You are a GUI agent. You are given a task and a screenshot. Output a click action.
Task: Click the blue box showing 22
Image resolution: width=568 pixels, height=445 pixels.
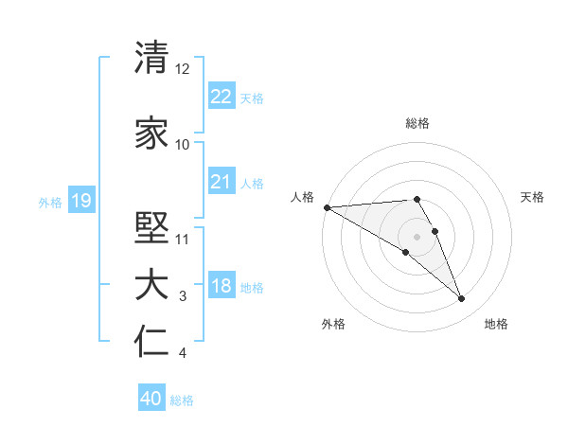(x=222, y=96)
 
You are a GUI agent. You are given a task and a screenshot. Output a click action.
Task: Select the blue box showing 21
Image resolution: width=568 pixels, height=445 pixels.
(x=222, y=182)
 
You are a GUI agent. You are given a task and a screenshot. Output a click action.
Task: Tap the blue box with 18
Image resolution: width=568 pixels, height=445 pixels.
(x=222, y=286)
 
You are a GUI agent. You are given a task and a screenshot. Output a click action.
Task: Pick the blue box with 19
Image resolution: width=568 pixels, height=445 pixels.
(x=80, y=200)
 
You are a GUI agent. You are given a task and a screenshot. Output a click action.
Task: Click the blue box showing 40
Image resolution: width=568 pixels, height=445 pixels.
(x=151, y=399)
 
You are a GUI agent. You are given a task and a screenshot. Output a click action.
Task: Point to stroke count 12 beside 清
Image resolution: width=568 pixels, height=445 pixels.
(x=183, y=69)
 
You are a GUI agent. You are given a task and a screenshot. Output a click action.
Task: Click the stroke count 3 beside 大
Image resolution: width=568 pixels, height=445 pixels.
(x=184, y=297)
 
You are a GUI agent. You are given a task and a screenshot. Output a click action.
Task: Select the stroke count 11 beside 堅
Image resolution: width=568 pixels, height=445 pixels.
(x=183, y=239)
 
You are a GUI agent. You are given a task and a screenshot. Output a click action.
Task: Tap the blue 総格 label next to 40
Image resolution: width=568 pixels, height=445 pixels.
(x=183, y=400)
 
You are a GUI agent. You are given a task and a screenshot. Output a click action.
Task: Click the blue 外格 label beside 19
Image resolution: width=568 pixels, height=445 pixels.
(x=50, y=202)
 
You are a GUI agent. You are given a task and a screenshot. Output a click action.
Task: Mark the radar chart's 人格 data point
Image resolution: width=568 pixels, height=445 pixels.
(x=327, y=207)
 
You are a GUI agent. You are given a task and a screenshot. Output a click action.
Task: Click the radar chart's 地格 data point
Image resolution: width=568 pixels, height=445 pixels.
(x=462, y=299)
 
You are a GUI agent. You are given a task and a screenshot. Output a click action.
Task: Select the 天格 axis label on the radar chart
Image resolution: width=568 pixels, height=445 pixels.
(x=533, y=197)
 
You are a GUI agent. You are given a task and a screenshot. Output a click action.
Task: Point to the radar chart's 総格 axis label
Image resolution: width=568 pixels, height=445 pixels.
(x=417, y=123)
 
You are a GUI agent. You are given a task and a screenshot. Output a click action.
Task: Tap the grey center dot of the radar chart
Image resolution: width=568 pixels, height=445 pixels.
(x=417, y=236)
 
